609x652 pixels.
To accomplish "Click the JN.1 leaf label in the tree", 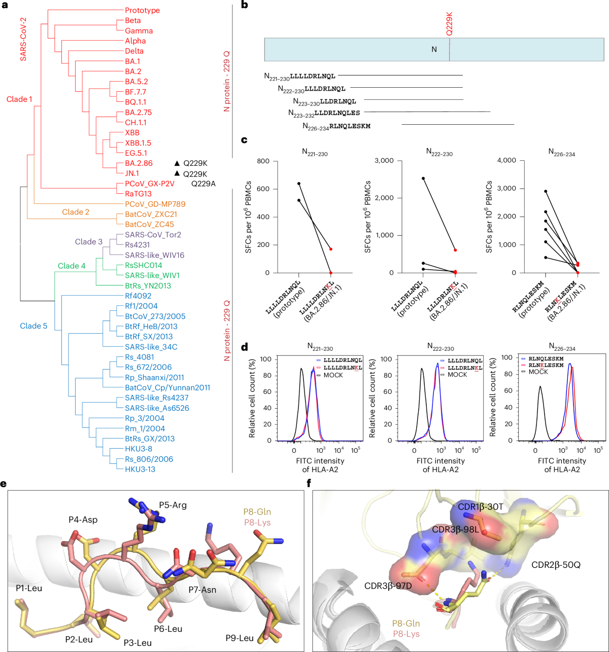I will point(132,173).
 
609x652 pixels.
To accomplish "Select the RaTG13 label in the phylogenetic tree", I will point(138,194).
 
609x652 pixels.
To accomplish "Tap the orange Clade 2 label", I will point(76,212).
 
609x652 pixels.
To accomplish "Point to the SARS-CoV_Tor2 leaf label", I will point(153,235).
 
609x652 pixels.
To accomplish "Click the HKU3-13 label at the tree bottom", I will point(140,469).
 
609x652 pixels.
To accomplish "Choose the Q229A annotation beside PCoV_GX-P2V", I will point(203,184).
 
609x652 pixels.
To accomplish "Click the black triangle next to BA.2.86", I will point(177,163).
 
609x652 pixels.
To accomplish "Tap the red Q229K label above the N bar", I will point(450,24).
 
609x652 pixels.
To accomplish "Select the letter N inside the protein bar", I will point(434,49).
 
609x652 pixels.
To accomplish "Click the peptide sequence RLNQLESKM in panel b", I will point(350,126).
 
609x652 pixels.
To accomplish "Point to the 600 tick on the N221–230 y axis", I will point(263,189).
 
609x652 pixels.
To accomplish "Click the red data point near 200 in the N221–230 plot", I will point(330,249).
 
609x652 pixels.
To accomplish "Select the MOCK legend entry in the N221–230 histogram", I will point(333,375).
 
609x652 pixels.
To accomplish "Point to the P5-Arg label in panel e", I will point(173,505).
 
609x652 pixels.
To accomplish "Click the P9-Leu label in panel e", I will point(240,638).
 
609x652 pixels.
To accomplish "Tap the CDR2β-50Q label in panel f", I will point(556,564).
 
